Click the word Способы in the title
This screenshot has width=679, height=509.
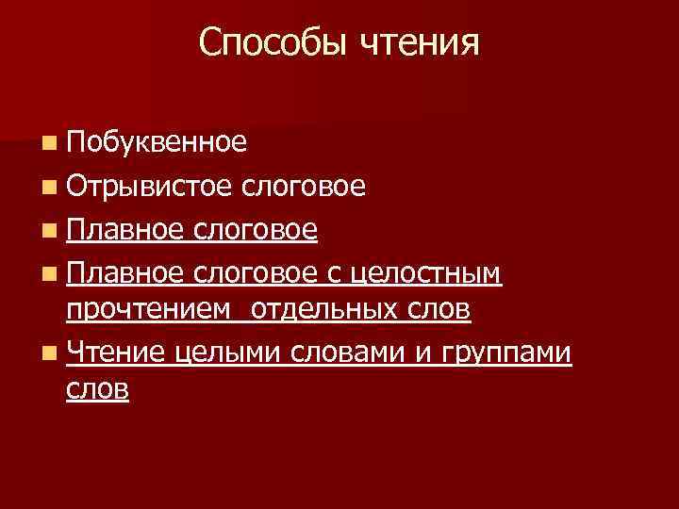pyautogui.click(x=273, y=42)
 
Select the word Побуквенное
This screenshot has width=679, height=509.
pyautogui.click(x=157, y=142)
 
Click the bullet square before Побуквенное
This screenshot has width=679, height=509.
pyautogui.click(x=48, y=143)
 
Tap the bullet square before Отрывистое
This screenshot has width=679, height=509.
pyautogui.click(x=48, y=187)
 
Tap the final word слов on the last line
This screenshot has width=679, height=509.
pyautogui.click(x=97, y=388)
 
